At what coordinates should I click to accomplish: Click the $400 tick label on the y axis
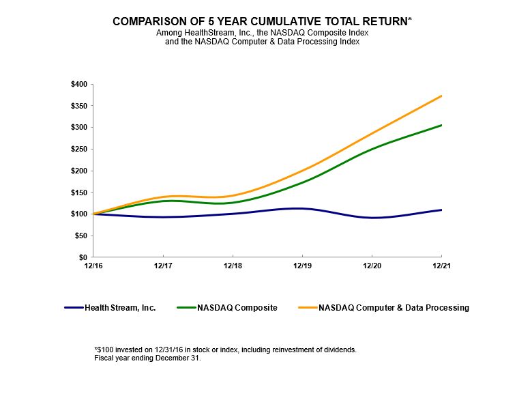pos(78,84)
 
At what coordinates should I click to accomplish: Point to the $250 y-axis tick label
pos(78,149)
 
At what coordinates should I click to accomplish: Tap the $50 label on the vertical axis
pos(80,236)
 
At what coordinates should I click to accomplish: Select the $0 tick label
pos(82,257)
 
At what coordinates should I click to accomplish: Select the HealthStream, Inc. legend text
pos(120,308)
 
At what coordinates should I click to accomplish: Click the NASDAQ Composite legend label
pos(237,308)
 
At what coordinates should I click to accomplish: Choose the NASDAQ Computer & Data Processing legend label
pos(394,308)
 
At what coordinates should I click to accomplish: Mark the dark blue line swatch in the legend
pos(73,308)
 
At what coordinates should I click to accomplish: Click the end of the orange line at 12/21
pos(442,96)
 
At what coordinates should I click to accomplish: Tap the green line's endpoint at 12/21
pos(442,125)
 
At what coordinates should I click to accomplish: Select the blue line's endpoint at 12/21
pos(442,210)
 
